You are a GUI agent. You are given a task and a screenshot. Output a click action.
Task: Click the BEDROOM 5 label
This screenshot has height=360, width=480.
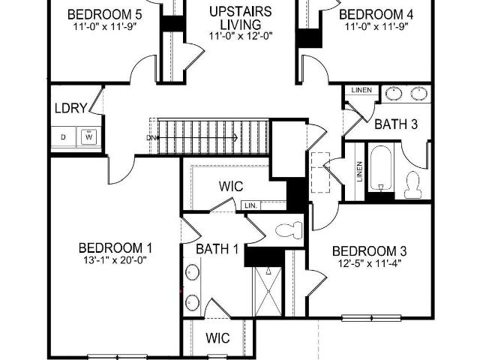pos(104,14)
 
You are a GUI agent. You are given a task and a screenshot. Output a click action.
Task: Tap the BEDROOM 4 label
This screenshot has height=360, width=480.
pos(376,14)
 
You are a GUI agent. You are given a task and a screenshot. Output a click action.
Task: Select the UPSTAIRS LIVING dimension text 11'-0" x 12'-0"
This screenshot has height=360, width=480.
pos(241,36)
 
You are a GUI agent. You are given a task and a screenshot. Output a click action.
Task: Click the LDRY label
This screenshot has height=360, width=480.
pos(70,108)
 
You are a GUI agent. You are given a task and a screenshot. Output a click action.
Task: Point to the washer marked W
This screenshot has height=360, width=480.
pos(88,136)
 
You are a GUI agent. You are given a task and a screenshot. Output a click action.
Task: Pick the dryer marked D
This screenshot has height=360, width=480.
pos(63,137)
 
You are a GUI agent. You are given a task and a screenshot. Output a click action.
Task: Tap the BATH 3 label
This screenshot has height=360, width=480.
pos(396,124)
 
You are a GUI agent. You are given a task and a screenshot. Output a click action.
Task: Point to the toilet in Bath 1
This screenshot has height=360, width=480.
pos(289,230)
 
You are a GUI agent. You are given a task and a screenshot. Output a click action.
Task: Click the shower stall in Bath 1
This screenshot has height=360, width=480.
pos(268,291)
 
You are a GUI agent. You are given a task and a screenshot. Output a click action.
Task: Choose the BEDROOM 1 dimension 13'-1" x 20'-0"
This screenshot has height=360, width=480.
pos(115,260)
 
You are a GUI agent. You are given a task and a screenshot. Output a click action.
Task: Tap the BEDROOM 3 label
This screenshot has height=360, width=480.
pos(370,251)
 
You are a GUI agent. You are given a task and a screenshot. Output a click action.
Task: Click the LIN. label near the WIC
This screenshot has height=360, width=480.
pos(251,205)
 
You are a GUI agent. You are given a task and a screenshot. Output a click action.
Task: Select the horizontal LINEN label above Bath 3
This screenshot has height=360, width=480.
pos(361,90)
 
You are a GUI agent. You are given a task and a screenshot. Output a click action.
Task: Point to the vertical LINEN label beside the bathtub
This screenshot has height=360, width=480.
pos(359,172)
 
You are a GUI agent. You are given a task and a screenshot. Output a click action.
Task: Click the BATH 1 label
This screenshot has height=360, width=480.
pos(217,249)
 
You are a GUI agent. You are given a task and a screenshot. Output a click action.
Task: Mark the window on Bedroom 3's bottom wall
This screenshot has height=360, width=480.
pos(371,318)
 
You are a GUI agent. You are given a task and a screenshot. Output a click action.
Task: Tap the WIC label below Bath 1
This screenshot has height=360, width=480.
pos(218,338)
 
